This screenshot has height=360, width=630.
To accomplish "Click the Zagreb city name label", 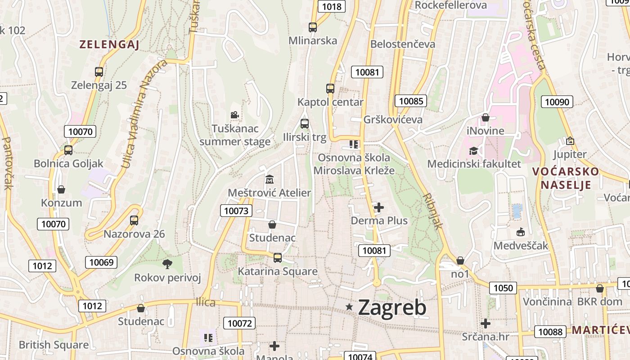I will (x=392, y=308).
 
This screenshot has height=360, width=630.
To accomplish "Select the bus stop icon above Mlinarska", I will (x=313, y=27).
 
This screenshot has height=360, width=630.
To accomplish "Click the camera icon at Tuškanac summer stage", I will (x=234, y=115).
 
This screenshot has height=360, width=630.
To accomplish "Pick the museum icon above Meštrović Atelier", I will (x=270, y=180).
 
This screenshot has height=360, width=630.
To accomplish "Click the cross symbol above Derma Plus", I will (x=379, y=207).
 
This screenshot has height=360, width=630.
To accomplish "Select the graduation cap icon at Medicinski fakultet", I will (x=473, y=151).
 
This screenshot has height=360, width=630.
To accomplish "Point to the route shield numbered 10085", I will (x=411, y=101).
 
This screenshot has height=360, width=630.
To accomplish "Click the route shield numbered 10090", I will (x=557, y=102).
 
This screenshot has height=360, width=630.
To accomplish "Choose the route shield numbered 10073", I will (x=236, y=211).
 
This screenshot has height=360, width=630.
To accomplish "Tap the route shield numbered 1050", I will (x=503, y=288).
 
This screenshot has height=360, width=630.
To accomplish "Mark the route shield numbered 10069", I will (x=102, y=262).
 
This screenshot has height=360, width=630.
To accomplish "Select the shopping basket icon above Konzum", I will (x=61, y=189).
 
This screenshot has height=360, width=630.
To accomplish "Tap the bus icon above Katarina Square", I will (x=278, y=257).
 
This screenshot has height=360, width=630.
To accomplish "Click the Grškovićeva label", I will (x=393, y=119).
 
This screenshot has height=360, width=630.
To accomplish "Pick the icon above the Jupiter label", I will (x=570, y=141).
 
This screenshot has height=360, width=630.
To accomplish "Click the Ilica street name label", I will (x=206, y=302).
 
